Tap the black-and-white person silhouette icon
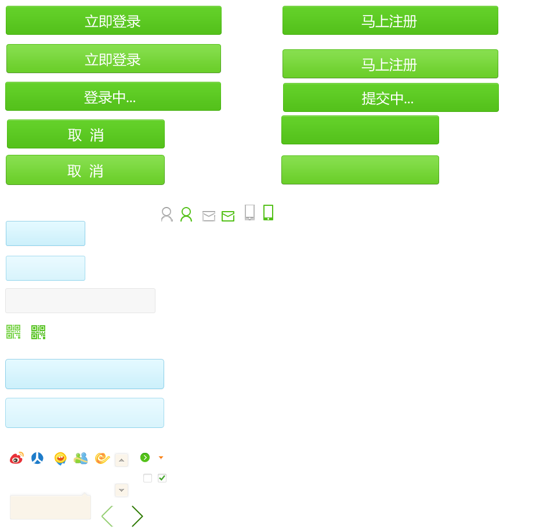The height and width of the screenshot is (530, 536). (167, 214)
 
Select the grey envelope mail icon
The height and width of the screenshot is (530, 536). (209, 216)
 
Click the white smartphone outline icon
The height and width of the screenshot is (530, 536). (249, 212)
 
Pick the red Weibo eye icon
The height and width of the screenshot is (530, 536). (17, 458)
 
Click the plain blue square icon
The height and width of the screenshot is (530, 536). (38, 458)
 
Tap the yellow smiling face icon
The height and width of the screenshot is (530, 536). (60, 459)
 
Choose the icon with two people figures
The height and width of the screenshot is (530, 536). (81, 458)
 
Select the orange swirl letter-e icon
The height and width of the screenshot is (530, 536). (103, 458)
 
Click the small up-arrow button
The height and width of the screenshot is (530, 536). (121, 460)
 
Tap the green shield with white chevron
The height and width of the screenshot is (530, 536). (145, 458)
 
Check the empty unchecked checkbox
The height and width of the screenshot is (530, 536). (147, 478)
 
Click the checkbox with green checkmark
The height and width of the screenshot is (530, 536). (162, 478)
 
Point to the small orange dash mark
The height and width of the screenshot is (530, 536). (161, 458)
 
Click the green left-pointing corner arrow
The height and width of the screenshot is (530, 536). (107, 516)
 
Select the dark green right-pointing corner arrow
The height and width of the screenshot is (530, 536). (137, 516)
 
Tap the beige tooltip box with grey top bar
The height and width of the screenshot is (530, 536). (50, 506)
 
